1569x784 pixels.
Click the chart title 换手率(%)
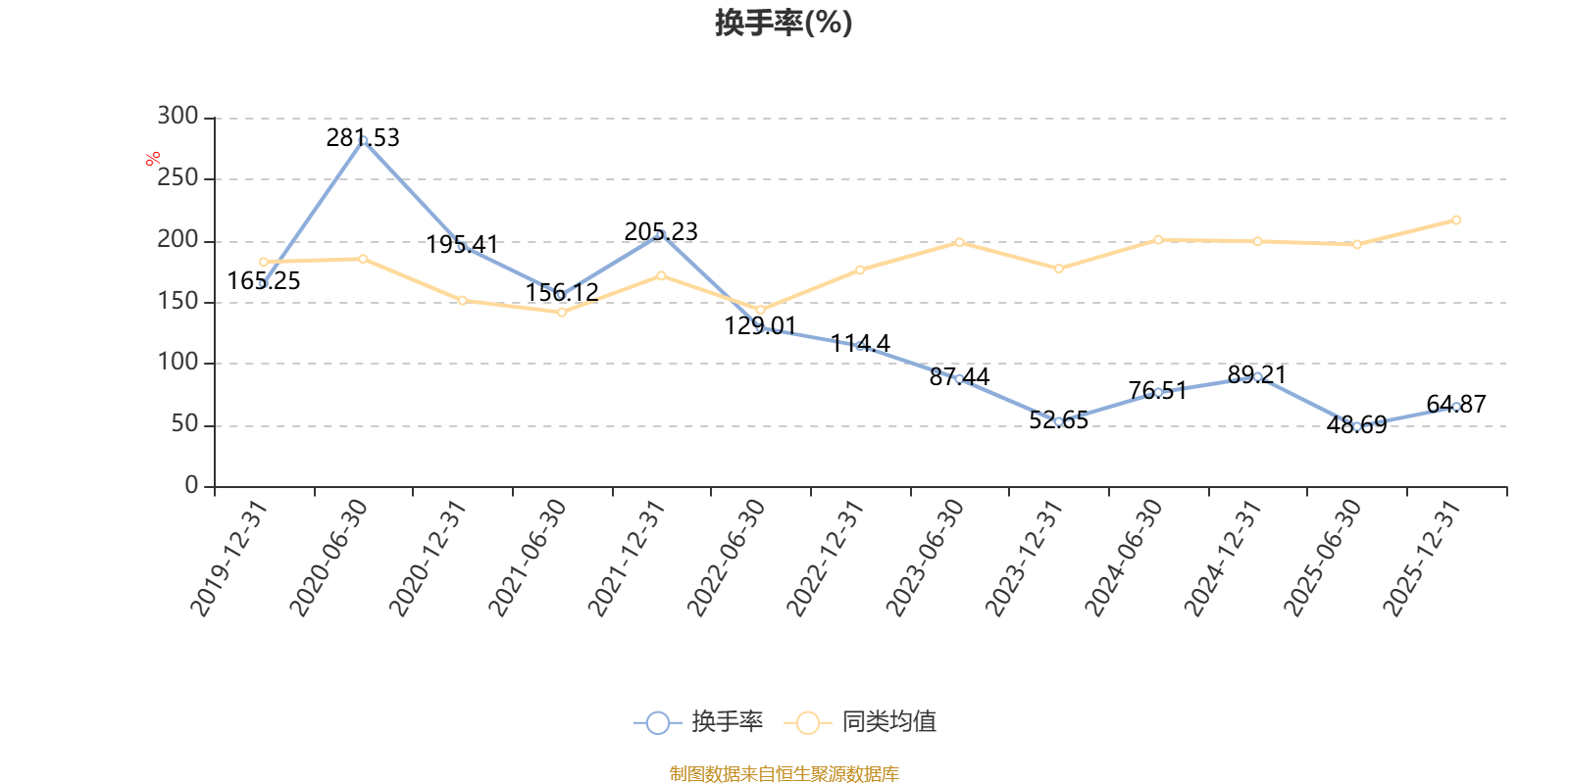[x=784, y=24]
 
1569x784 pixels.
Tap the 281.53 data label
[x=363, y=138]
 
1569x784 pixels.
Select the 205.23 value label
[x=661, y=231]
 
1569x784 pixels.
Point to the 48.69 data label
[x=1357, y=425]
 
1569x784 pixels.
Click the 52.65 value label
[x=1058, y=420]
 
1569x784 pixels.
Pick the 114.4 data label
[x=859, y=344]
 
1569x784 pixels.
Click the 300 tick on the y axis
[x=177, y=117]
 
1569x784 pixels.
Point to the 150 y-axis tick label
[x=177, y=301]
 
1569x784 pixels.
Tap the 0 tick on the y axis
[x=192, y=485]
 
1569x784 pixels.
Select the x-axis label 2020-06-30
[x=329, y=558]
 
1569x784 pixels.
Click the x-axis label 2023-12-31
[x=1024, y=558]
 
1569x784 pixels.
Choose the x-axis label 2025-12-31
[x=1422, y=558]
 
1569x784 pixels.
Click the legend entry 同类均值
[x=861, y=721]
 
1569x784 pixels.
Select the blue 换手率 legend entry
[x=698, y=721]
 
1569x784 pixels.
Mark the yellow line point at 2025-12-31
[x=1456, y=220]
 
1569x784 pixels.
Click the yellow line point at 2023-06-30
[x=959, y=242]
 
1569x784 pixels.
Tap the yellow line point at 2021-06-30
[x=562, y=313]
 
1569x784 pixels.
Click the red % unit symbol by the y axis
[x=153, y=160]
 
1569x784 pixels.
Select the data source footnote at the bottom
[x=784, y=773]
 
